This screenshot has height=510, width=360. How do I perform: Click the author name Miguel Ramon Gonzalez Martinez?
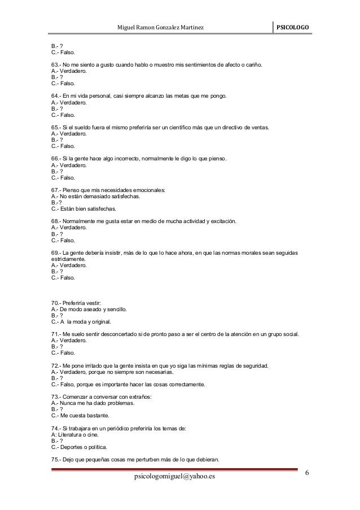[x=160, y=28]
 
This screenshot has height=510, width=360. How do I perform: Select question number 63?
[x=55, y=66]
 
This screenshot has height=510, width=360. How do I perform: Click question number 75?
[x=55, y=460]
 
